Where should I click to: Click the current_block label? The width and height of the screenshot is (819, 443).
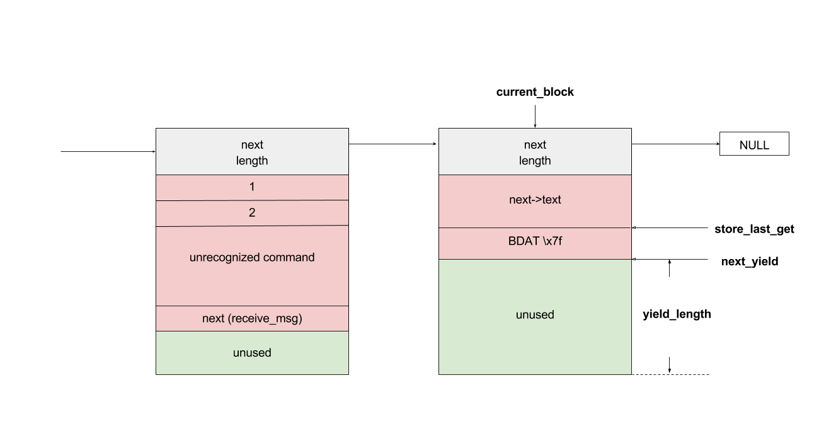535,92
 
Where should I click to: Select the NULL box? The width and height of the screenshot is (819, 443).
754,144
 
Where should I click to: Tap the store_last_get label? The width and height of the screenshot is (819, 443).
754,229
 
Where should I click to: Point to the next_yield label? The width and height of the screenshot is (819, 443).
750,261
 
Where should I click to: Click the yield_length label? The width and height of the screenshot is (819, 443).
677,314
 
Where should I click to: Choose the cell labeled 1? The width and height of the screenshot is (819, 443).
252,188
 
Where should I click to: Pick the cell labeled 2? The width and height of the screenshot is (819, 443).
252,213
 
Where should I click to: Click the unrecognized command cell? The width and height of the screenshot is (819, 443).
252,266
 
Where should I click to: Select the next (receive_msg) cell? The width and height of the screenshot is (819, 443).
252,319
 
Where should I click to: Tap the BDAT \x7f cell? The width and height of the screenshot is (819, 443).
535,243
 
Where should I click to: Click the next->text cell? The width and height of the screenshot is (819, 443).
535,201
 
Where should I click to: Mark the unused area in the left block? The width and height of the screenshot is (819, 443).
252,353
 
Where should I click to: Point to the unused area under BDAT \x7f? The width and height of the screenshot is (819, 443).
535,317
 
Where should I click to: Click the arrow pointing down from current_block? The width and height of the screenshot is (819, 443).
535,117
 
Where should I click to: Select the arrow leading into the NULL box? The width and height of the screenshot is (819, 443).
675,144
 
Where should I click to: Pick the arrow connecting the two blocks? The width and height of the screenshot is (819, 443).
392,144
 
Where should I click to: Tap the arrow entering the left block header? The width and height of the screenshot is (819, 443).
108,151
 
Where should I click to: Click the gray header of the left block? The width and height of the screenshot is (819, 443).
252,151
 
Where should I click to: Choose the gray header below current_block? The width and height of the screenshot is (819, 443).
535,151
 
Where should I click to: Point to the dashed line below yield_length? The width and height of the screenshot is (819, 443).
670,374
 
